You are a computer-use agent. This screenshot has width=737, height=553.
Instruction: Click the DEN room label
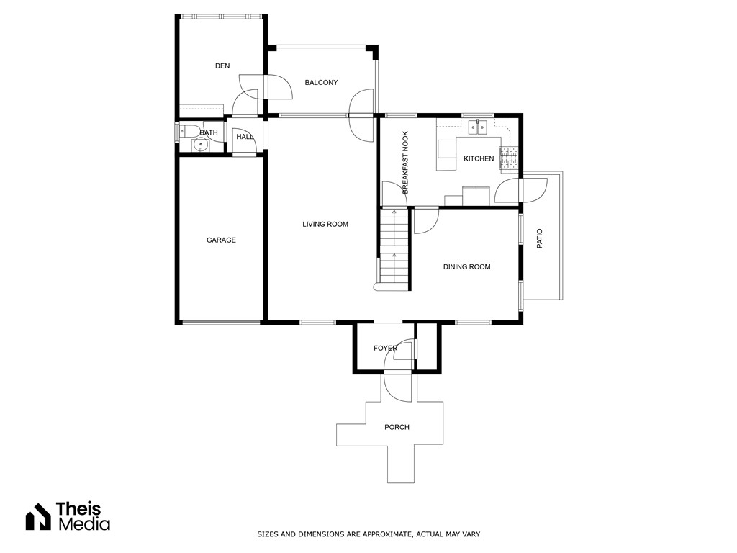222,66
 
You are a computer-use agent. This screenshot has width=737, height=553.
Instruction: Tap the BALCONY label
321,83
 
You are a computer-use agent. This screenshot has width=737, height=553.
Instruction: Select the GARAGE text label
221,240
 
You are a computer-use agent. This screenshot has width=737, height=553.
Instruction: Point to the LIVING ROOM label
325,225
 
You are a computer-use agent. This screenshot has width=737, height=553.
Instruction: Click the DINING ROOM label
466,267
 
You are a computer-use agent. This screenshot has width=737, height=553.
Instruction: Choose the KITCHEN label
479,158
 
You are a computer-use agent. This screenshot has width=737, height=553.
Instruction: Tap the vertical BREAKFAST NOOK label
405,163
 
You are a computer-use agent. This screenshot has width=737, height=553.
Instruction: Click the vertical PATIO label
540,239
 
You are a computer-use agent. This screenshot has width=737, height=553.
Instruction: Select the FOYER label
385,349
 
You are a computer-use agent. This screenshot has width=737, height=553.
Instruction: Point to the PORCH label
397,427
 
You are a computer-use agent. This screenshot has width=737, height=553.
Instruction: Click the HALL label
245,137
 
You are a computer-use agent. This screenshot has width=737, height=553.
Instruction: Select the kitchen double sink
478,128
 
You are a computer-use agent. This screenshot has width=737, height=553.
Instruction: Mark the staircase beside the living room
394,248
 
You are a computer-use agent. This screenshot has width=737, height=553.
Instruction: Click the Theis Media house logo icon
38,516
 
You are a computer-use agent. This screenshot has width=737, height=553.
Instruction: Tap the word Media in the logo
83,524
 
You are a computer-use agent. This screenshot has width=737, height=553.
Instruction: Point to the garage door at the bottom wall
220,323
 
